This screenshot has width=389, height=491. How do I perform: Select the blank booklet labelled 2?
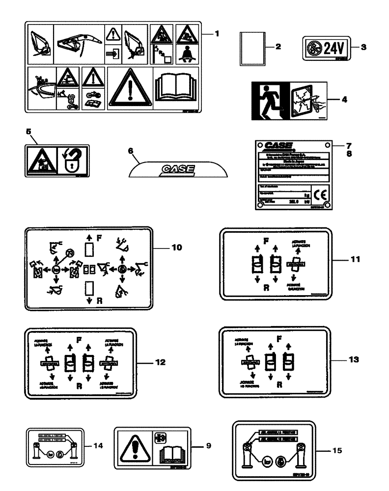coord(252,48)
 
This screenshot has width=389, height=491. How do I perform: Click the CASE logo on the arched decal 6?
coord(175,169)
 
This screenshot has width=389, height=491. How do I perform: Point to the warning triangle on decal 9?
coord(134,446)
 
